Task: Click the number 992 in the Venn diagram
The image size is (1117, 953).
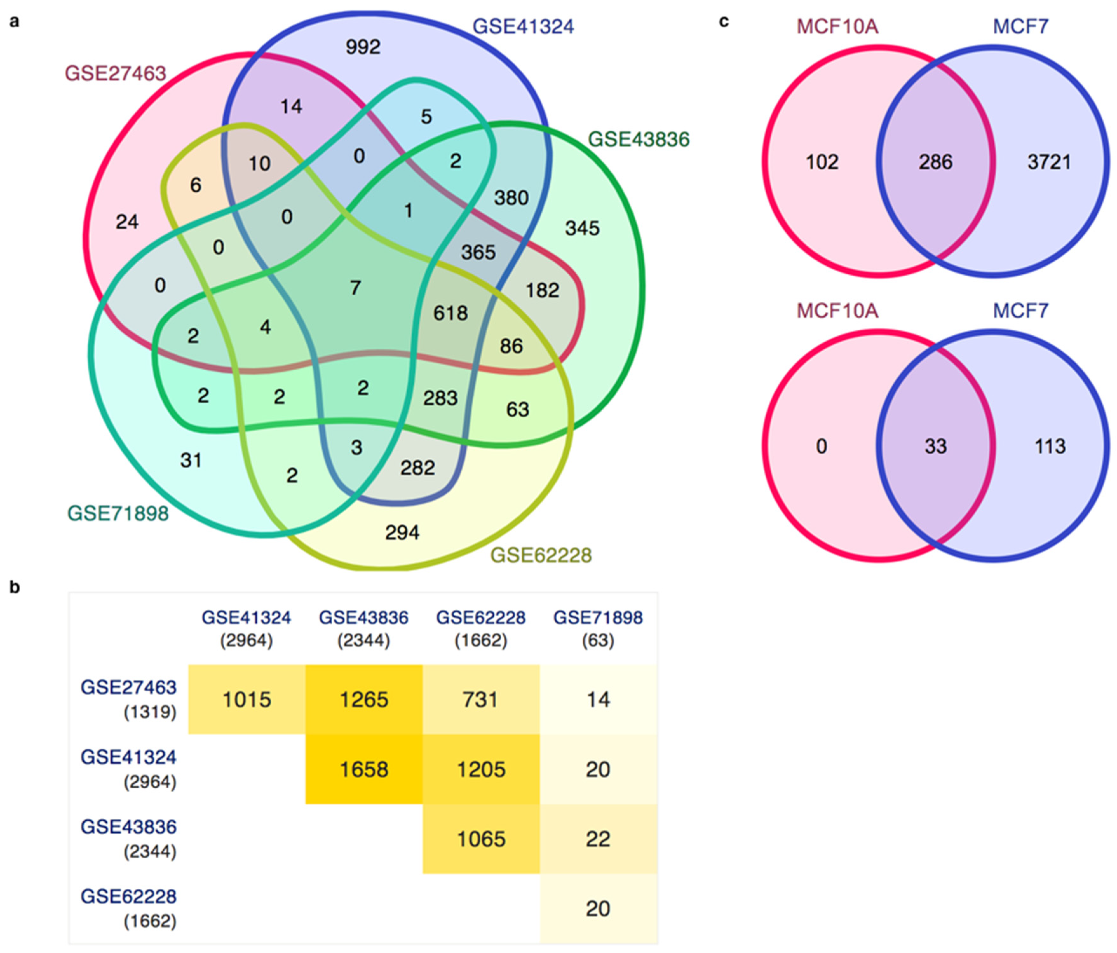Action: click(363, 47)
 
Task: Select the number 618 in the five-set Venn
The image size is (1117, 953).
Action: click(451, 313)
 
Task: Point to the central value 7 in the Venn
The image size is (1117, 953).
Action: click(355, 287)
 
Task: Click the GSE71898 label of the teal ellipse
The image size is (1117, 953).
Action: click(118, 513)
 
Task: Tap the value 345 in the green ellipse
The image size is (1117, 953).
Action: click(582, 228)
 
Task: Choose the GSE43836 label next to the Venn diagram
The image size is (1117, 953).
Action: click(638, 140)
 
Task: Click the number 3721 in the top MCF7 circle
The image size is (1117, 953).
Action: click(1048, 162)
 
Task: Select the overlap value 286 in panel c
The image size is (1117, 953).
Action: click(935, 162)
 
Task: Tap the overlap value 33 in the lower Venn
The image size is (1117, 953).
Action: click(935, 446)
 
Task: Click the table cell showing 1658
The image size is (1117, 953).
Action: click(364, 769)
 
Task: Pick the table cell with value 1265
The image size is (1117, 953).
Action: click(364, 700)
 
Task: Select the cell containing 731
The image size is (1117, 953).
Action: click(481, 700)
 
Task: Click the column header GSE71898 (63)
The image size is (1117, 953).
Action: click(598, 628)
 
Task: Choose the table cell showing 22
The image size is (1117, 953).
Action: click(598, 839)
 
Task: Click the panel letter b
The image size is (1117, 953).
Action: click(15, 587)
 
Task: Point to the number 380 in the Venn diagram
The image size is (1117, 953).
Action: click(511, 198)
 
